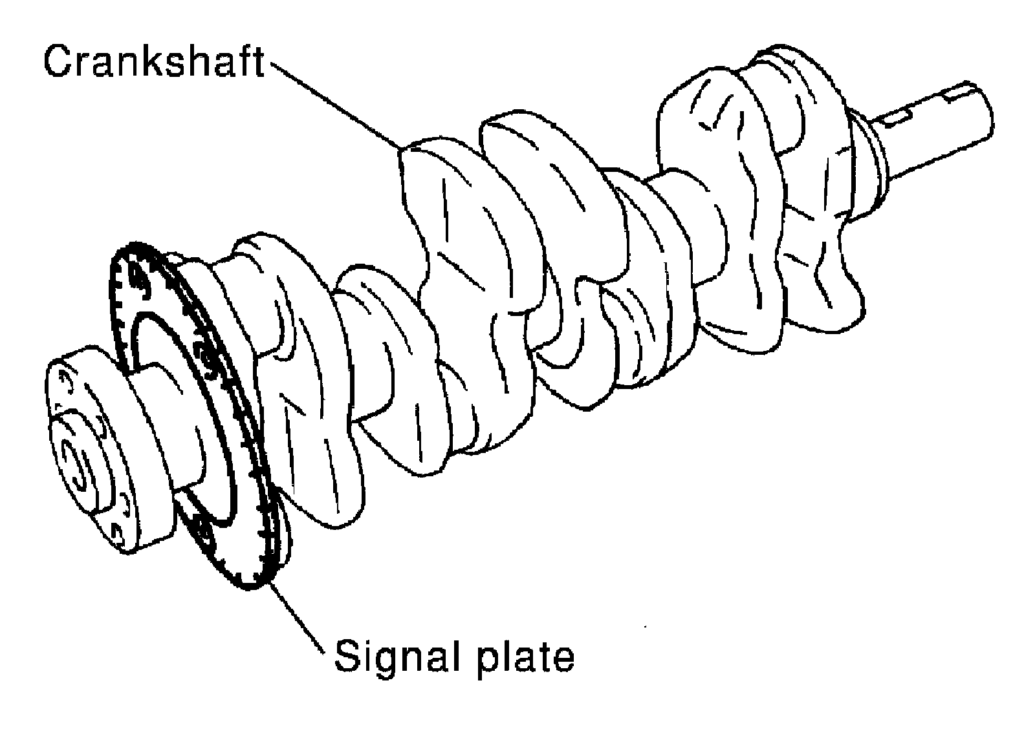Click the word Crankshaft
(x=154, y=63)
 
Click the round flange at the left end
(x=91, y=452)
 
